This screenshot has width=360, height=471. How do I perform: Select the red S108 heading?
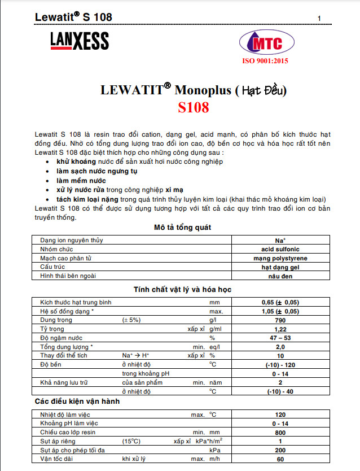point(193,107)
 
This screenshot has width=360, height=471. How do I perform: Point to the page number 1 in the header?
point(319,19)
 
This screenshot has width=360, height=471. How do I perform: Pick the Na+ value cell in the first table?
point(275,240)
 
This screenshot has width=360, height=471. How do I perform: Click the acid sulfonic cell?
point(275,249)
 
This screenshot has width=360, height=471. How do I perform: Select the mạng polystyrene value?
point(275,258)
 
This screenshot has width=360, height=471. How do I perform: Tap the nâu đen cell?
point(275,276)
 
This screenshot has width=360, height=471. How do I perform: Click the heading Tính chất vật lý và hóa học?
point(182,290)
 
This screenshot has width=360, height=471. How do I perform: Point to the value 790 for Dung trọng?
point(275,320)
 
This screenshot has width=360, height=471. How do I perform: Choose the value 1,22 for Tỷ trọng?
point(275,329)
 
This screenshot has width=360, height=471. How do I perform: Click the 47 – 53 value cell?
point(275,338)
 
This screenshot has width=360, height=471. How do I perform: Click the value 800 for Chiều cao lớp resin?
point(275,432)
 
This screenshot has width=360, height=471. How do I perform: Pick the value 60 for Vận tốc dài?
point(275,459)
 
